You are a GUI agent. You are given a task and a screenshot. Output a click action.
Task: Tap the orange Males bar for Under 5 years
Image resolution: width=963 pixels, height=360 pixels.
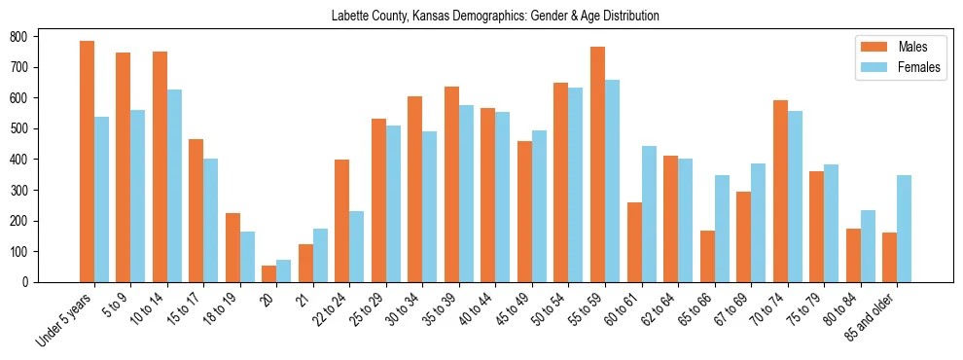pos(88,162)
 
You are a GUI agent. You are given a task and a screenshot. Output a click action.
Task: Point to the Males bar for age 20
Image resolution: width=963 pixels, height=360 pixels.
pos(269,273)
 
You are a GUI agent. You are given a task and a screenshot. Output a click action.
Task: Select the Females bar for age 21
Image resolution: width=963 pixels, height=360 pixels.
pos(320,255)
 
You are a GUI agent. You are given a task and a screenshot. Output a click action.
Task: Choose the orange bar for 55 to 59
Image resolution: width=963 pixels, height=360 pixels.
pos(597,164)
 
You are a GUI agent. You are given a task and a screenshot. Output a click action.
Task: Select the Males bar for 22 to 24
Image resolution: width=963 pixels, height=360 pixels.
pos(342,221)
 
